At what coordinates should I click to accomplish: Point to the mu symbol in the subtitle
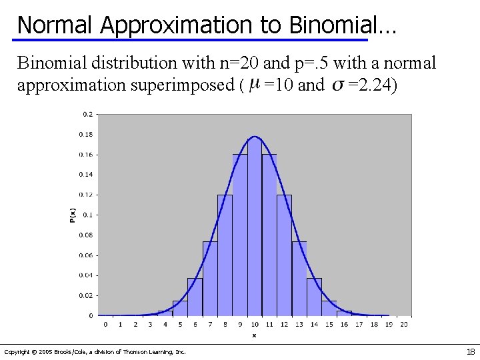253,85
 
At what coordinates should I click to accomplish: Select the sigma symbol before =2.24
338,85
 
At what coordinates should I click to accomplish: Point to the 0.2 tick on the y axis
87,114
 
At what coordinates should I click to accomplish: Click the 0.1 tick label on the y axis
87,215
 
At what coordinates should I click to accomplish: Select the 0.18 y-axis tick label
86,134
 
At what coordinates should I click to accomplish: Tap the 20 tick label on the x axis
404,324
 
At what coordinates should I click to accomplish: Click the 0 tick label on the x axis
105,324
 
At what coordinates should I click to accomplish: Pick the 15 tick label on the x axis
329,324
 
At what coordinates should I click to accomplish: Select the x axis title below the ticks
254,335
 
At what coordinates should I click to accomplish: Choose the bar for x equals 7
210,280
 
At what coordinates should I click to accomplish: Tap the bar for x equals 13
299,280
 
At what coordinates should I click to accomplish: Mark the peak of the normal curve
254,137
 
